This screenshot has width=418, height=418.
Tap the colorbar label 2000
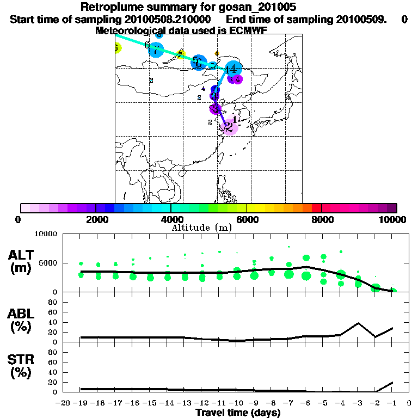[x=96, y=219]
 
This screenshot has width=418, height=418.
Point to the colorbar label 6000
[x=247, y=219]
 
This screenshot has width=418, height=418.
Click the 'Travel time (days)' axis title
[x=238, y=413]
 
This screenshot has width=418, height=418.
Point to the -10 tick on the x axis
[x=237, y=403]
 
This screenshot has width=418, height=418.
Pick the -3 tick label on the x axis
[x=358, y=403]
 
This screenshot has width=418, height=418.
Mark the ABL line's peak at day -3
[x=358, y=323]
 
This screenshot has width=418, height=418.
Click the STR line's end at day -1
[x=393, y=383]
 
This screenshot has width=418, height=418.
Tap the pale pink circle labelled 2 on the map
[x=230, y=127]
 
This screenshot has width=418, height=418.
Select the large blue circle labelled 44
[x=231, y=69]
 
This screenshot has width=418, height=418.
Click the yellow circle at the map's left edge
[x=116, y=48]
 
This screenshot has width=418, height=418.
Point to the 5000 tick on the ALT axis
[x=53, y=263]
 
